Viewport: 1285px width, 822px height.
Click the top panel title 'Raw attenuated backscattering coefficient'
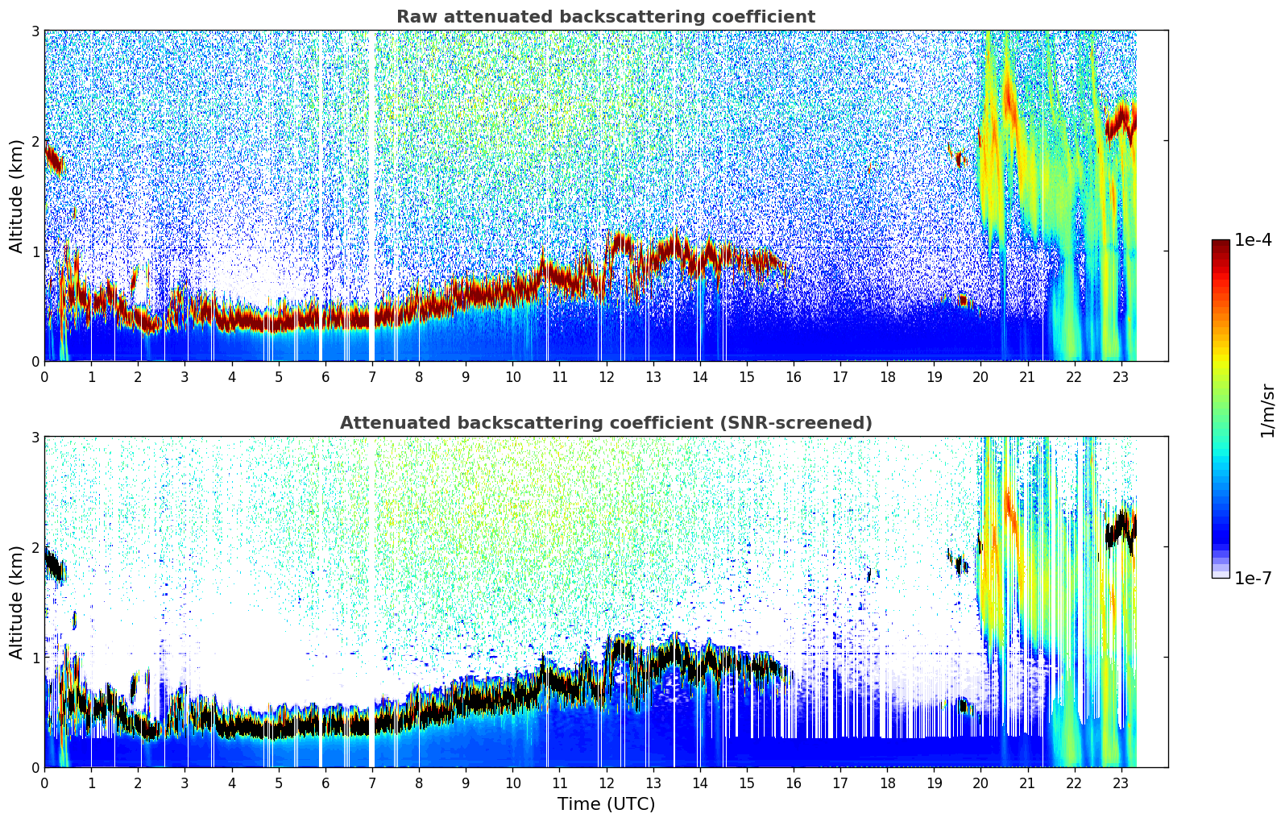pyautogui.click(x=605, y=17)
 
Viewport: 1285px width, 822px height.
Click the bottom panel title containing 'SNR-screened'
pyautogui.click(x=605, y=423)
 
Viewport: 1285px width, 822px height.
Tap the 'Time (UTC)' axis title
pyautogui.click(x=606, y=804)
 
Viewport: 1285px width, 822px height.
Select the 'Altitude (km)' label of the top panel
pyautogui.click(x=17, y=196)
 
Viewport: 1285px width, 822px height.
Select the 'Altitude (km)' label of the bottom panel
pyautogui.click(x=17, y=602)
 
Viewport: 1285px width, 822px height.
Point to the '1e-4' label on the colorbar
pyautogui.click(x=1253, y=240)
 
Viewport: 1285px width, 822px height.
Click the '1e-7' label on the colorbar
pyautogui.click(x=1253, y=578)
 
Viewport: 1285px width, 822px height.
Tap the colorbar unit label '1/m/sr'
pyautogui.click(x=1267, y=410)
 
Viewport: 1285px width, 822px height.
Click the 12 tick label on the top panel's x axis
pyautogui.click(x=606, y=376)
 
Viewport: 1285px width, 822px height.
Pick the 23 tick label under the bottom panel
pyautogui.click(x=1121, y=783)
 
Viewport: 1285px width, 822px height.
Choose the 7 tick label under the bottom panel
pyautogui.click(x=372, y=783)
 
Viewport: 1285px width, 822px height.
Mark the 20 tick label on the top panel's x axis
pyautogui.click(x=980, y=376)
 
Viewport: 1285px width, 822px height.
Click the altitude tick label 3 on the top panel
pyautogui.click(x=35, y=31)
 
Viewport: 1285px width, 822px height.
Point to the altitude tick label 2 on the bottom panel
pyautogui.click(x=35, y=547)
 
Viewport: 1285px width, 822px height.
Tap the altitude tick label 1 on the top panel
pyautogui.click(x=35, y=251)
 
